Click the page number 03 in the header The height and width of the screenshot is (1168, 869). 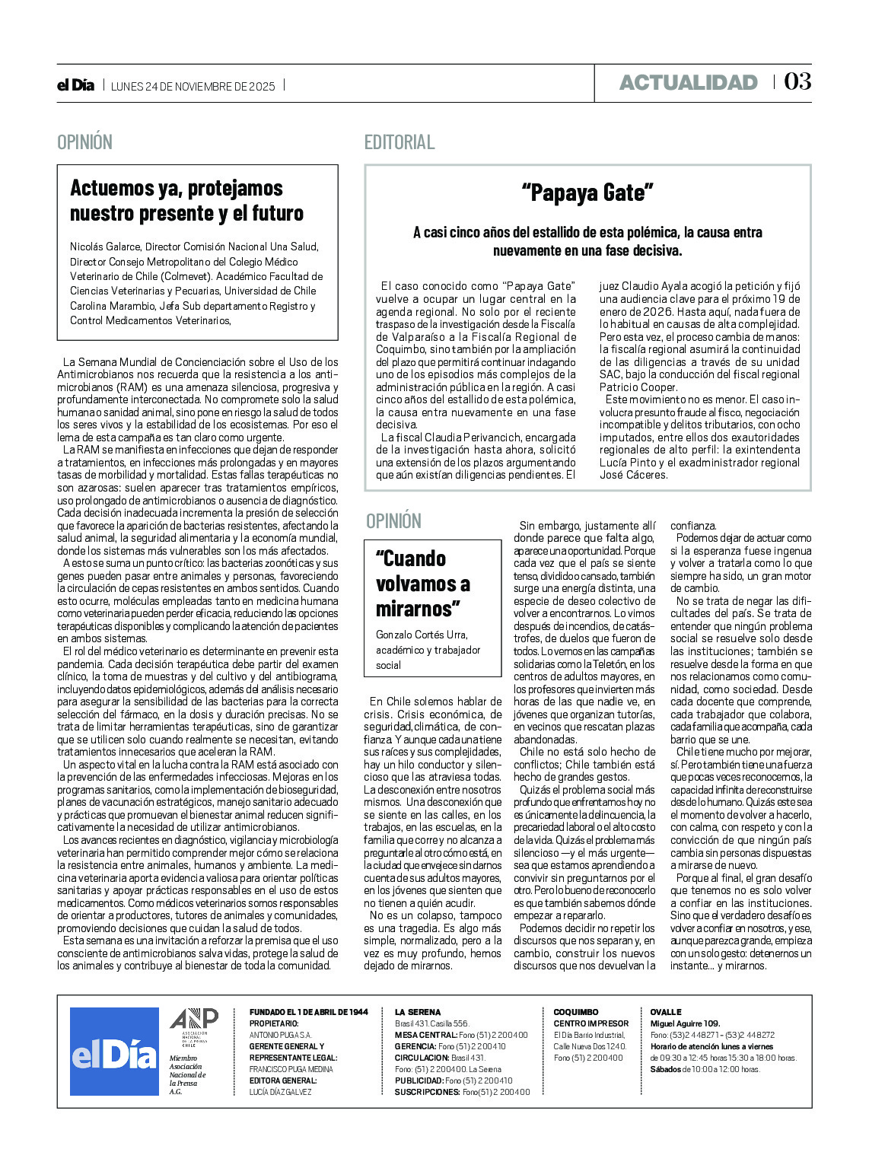[x=797, y=81]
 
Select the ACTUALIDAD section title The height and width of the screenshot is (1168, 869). [x=688, y=82]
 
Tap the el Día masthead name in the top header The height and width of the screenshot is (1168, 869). [x=75, y=85]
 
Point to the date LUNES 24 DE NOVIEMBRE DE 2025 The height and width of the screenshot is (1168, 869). [x=193, y=86]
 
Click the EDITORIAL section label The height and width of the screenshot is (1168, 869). [x=399, y=142]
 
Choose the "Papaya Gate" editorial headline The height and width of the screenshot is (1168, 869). [x=587, y=193]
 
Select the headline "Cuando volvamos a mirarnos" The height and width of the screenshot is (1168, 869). [x=423, y=584]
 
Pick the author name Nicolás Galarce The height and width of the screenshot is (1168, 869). [x=105, y=247]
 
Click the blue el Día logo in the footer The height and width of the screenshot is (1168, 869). [x=114, y=1052]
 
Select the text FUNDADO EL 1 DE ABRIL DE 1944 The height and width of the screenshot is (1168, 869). [x=308, y=1012]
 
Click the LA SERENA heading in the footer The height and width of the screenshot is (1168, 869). [x=418, y=1012]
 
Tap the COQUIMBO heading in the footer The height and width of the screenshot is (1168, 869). [x=576, y=1012]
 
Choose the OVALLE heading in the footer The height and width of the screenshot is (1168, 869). [x=666, y=1012]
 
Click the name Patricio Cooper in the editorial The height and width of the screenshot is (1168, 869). [x=638, y=387]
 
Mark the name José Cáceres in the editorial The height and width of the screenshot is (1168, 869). [x=633, y=475]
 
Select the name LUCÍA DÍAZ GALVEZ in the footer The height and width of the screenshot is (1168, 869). [x=280, y=1092]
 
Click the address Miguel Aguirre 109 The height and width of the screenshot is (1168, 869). [x=685, y=1023]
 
